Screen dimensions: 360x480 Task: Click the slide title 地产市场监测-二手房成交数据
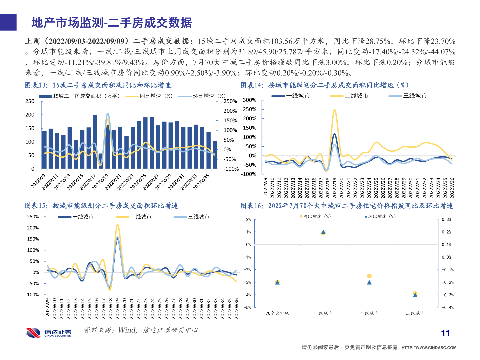pyautogui.click(x=112, y=23)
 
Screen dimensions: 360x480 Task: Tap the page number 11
pyautogui.click(x=445, y=333)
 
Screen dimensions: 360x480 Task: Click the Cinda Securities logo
pyautogui.click(x=48, y=332)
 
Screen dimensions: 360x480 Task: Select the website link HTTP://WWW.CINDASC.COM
pyautogui.click(x=429, y=348)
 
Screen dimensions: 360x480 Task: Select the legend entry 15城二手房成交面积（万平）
pyautogui.click(x=79, y=96)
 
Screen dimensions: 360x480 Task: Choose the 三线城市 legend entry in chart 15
pyautogui.click(x=192, y=217)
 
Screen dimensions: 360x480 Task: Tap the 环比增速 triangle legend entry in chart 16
pyautogui.click(x=380, y=217)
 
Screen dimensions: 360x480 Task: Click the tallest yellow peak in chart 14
pyautogui.click(x=334, y=110)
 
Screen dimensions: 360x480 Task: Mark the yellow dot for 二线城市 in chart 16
pyautogui.click(x=369, y=276)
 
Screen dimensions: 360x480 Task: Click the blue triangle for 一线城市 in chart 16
pyautogui.click(x=323, y=232)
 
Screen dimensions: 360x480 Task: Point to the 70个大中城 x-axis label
pyautogui.click(x=277, y=313)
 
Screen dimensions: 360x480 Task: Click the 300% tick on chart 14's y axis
pyautogui.click(x=249, y=100)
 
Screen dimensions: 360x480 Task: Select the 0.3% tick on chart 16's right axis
pyautogui.click(x=446, y=220)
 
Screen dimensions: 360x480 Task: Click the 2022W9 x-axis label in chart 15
pyautogui.click(x=48, y=307)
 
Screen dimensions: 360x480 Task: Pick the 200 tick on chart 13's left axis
pyautogui.click(x=30, y=115)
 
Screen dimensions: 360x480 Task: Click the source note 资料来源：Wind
pyautogui.click(x=110, y=330)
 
